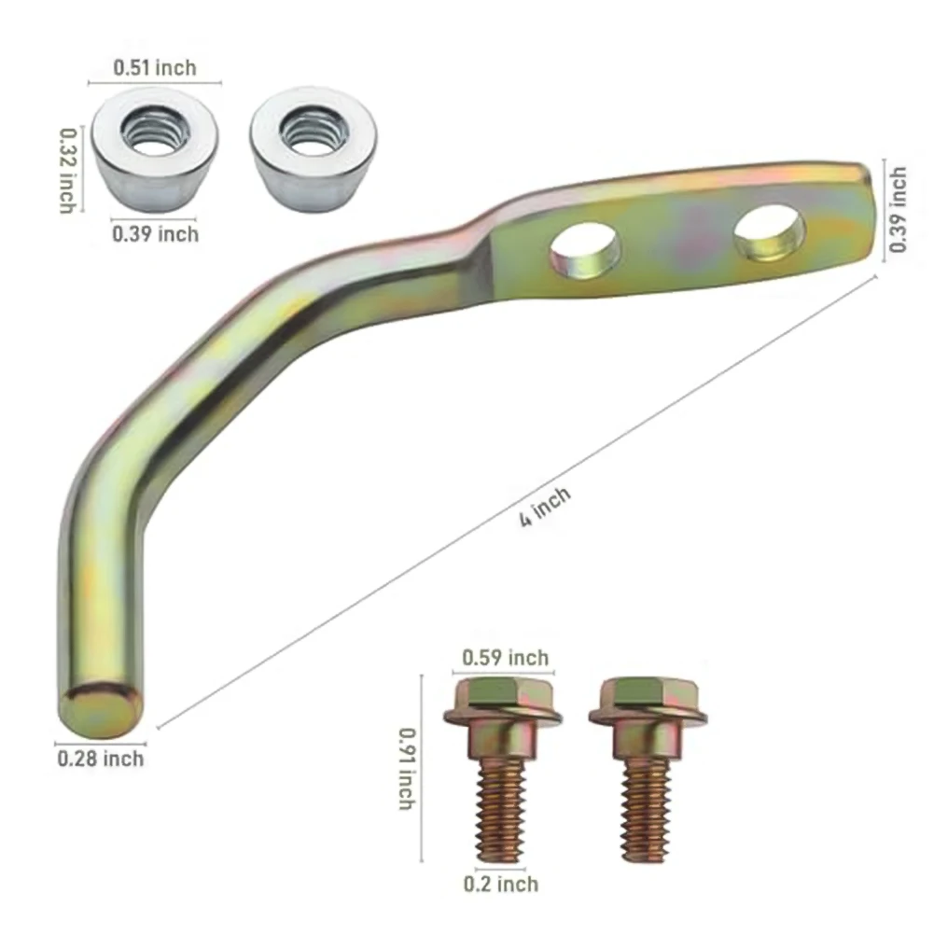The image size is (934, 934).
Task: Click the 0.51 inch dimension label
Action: point(155,67)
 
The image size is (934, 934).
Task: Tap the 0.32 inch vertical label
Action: point(67,171)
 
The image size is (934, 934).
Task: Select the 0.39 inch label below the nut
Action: point(156,233)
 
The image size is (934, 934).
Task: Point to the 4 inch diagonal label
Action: point(545,506)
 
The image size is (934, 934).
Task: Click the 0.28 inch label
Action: point(101,759)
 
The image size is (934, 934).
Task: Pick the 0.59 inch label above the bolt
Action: point(505,658)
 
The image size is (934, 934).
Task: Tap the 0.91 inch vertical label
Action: point(407,769)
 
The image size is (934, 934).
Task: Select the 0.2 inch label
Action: point(501,884)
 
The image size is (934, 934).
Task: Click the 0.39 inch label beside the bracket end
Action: point(899,210)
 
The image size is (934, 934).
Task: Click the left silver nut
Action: point(155,149)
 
